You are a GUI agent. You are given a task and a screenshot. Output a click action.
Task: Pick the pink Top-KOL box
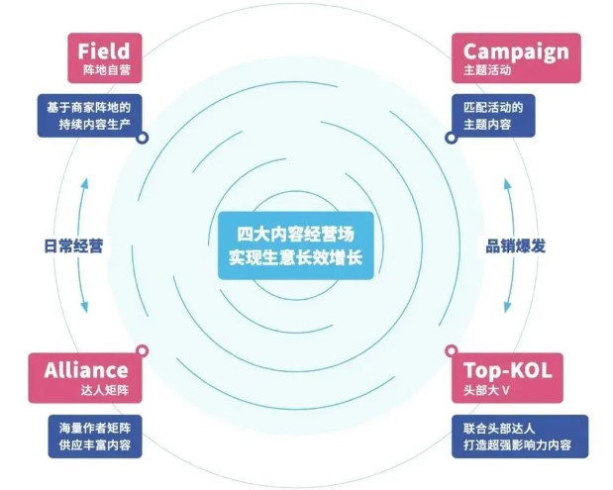(508, 375)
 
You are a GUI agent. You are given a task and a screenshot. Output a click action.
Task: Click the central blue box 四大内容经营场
(296, 245)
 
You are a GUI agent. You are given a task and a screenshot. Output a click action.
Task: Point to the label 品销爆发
(515, 245)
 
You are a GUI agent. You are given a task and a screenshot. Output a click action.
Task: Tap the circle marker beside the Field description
(144, 139)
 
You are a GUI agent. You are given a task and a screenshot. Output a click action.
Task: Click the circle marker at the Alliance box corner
(144, 349)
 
